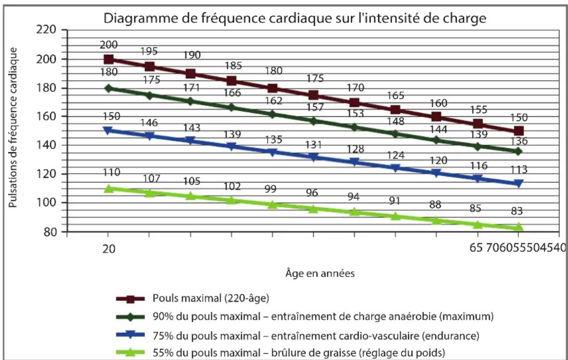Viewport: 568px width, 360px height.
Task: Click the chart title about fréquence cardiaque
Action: (293, 19)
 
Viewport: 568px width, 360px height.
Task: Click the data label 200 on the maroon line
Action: (108, 45)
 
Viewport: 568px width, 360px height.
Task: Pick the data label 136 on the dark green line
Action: (518, 141)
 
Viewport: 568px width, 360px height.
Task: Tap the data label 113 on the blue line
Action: (518, 170)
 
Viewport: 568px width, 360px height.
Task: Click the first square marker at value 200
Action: (108, 60)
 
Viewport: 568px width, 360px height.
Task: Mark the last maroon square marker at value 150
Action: (519, 131)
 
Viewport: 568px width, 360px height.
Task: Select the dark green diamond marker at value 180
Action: (108, 89)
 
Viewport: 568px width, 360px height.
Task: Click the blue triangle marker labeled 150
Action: (108, 131)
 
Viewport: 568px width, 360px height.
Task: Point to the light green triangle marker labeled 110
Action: (108, 188)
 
